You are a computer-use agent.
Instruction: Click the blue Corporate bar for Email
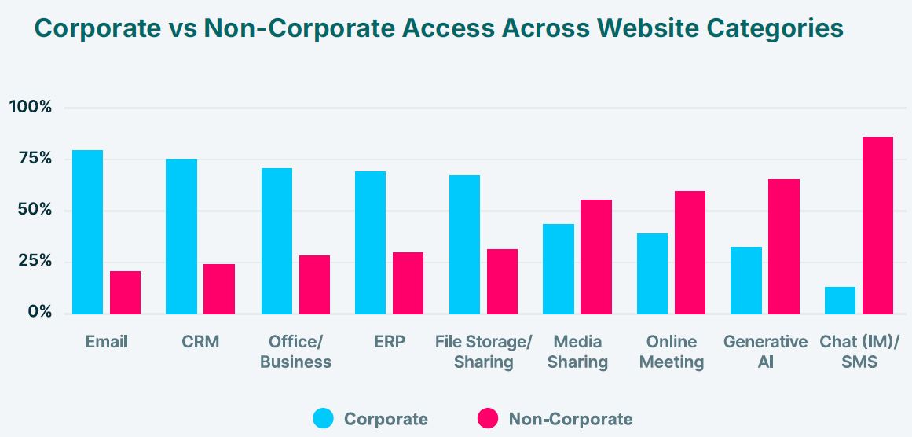click(87, 232)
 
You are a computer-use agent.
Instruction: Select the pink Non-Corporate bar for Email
click(125, 292)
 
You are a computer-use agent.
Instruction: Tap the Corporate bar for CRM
click(181, 236)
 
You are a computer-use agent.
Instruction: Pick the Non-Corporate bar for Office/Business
click(314, 285)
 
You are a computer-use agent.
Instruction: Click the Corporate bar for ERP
click(370, 242)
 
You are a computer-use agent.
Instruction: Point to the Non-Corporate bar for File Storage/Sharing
click(502, 281)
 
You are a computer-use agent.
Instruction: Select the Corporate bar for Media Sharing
click(559, 269)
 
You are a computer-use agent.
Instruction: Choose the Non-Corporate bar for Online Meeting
click(690, 252)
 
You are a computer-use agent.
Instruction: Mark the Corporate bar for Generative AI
click(746, 280)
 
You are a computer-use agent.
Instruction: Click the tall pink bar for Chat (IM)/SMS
click(877, 226)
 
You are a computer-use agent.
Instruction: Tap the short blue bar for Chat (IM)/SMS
click(840, 300)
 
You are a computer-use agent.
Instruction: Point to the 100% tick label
click(31, 107)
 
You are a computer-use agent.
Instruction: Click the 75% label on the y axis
click(35, 159)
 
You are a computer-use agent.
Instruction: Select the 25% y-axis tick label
click(35, 261)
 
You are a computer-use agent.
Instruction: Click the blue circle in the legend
click(323, 419)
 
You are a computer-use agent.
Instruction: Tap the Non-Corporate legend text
click(570, 419)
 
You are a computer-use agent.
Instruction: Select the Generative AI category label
click(765, 351)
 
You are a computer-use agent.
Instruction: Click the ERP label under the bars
click(389, 342)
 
